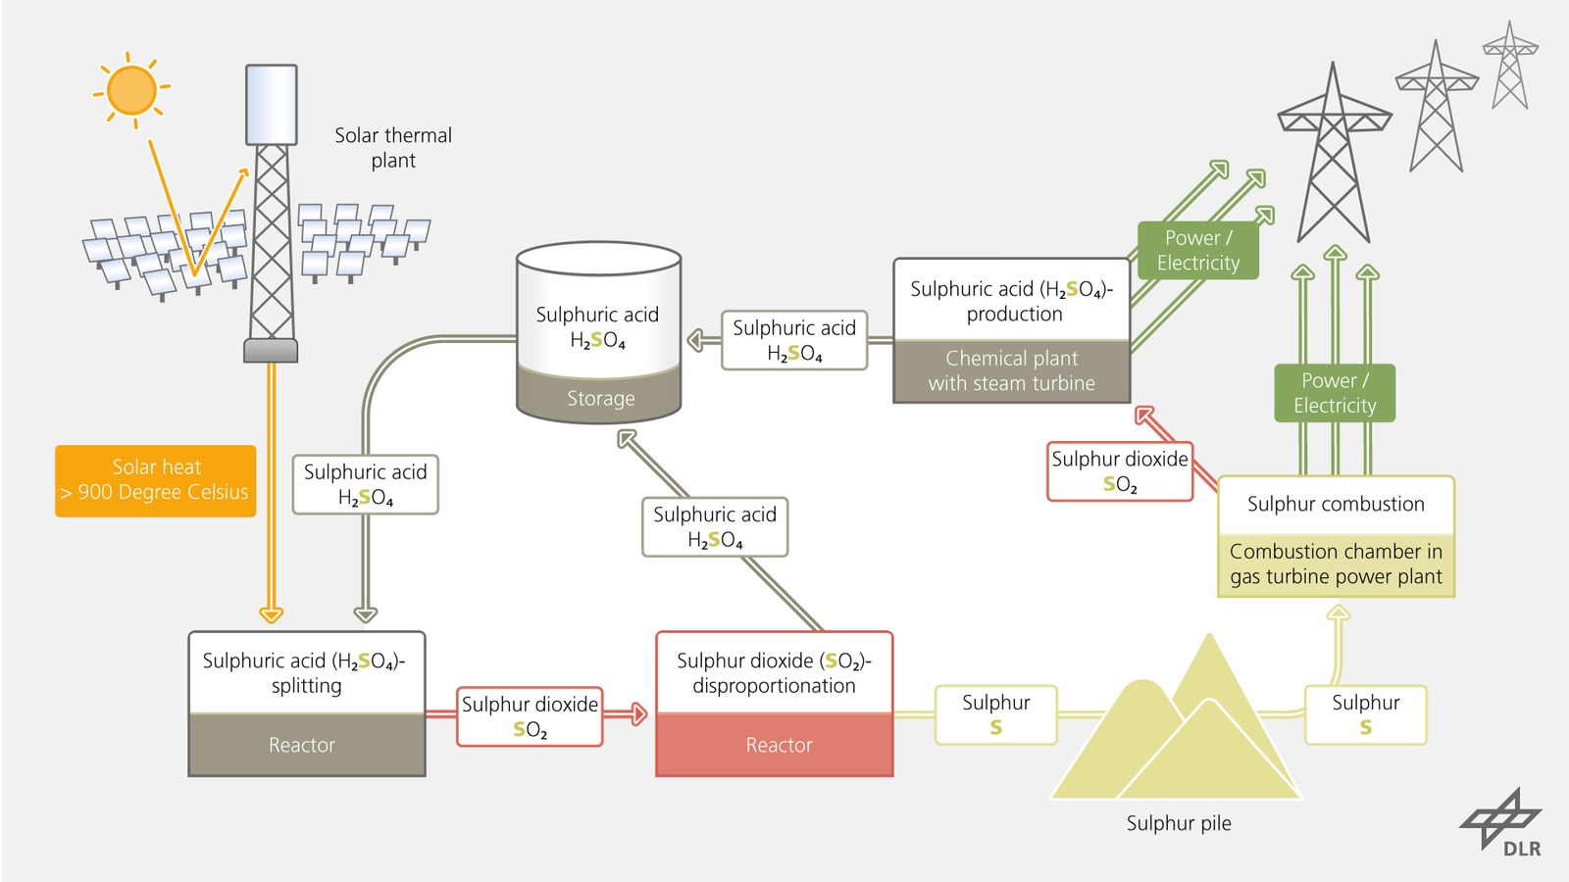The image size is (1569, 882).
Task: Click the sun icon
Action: click(131, 89)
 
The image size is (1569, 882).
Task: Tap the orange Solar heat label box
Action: click(156, 481)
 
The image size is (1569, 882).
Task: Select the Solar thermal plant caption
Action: click(393, 148)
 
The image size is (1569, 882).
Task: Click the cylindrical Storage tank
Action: click(599, 332)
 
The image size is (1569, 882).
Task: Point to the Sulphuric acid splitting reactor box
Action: click(307, 704)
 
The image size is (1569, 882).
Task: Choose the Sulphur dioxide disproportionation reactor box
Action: click(774, 704)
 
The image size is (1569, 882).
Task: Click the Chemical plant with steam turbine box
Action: click(1011, 330)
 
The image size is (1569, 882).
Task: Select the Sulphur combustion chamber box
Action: click(1337, 536)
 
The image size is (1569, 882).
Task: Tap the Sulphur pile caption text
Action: click(1179, 823)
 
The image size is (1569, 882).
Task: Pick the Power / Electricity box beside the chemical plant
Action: click(1197, 250)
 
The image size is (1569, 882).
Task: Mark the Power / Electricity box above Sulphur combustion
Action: click(1335, 393)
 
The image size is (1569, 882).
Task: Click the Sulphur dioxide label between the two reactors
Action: click(530, 716)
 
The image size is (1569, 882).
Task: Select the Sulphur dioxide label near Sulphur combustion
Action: click(1119, 471)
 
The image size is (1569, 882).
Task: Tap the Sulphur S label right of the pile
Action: click(1365, 714)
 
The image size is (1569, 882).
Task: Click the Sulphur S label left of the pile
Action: click(995, 714)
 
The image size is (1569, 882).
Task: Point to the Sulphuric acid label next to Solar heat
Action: click(365, 484)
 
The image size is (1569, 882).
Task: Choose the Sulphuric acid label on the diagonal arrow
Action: click(715, 527)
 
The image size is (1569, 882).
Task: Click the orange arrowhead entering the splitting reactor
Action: click(271, 614)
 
